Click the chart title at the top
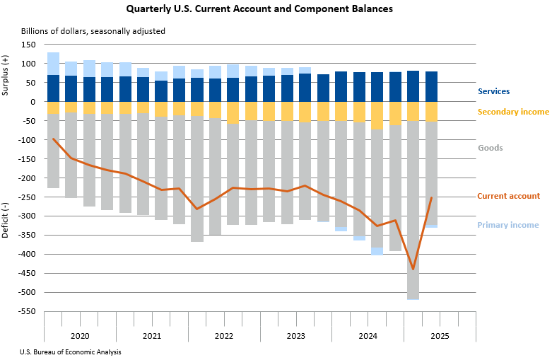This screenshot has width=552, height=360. [x=259, y=10]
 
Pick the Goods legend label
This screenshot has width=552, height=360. [x=490, y=148]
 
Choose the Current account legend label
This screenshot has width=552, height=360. [x=508, y=196]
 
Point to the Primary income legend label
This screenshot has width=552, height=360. [x=507, y=225]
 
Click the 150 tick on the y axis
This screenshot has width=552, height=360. [x=28, y=45]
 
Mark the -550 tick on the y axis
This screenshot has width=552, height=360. [x=27, y=311]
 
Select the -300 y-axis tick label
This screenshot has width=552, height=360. [x=27, y=216]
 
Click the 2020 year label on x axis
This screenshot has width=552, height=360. [x=80, y=336]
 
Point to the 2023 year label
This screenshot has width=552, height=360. [x=296, y=336]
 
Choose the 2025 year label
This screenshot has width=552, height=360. [x=440, y=336]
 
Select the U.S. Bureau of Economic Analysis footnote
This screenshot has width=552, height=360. [x=71, y=352]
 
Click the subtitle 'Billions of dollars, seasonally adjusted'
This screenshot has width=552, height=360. [x=93, y=32]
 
